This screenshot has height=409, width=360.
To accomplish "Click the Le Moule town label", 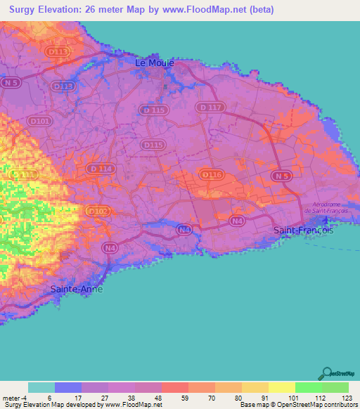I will coord(154,63).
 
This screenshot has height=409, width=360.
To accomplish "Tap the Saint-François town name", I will coord(302,230).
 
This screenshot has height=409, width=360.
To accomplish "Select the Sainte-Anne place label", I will coord(77,289).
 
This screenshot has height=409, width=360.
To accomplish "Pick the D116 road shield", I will coord(212,174).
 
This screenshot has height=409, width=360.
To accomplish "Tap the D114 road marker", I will coord(100,169).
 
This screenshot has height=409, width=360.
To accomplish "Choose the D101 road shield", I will coord(41,121).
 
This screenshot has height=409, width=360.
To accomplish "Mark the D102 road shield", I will coord(98,211).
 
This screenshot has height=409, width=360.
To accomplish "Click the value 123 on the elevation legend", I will coord(347,397).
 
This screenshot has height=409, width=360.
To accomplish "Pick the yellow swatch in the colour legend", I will coord(281,387).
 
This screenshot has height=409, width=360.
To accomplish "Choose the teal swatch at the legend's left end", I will coord(41,387).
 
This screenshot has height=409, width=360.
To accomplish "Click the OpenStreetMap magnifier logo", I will coord(327,373).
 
